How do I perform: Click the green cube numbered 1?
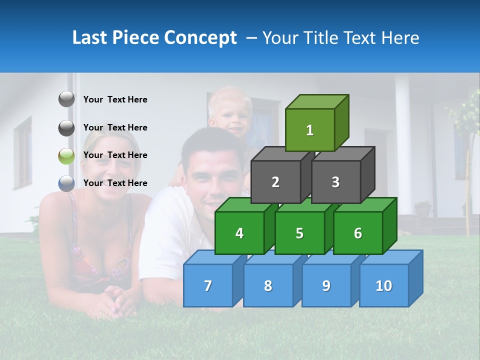click(x=310, y=130)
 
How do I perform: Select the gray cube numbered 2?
click(x=275, y=182)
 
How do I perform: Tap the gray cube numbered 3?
click(x=335, y=182)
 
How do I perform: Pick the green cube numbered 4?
click(x=239, y=233)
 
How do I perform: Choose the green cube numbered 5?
click(x=299, y=233)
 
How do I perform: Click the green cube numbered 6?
click(x=358, y=233)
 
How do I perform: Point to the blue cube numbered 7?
click(x=208, y=285)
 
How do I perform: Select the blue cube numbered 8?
click(x=268, y=285)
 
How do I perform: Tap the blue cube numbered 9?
click(x=326, y=285)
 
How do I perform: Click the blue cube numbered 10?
click(x=383, y=285)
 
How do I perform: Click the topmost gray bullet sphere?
click(x=66, y=99)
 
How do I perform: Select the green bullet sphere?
click(x=66, y=155)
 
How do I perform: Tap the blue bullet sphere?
click(x=66, y=183)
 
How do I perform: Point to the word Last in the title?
click(x=90, y=38)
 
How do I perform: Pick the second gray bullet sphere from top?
click(x=66, y=127)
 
